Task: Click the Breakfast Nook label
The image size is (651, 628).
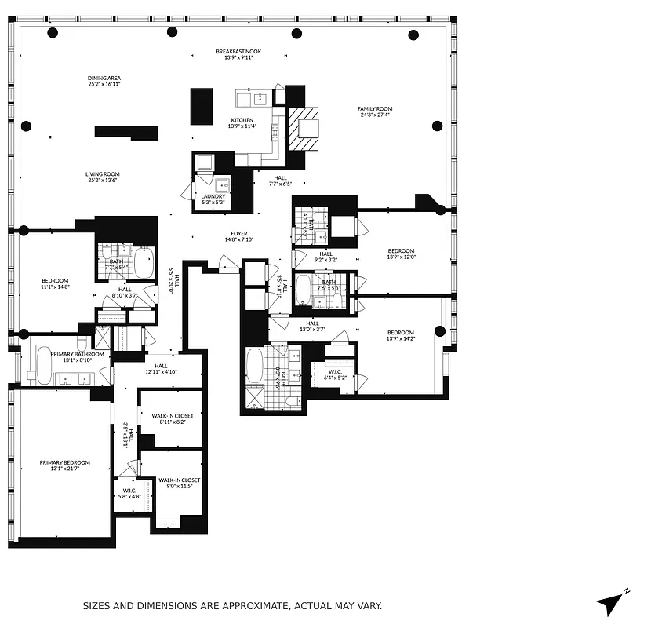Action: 238,52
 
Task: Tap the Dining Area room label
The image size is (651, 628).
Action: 104,78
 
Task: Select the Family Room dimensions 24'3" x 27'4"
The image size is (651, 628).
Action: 375,115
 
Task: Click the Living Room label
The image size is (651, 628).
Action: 103,174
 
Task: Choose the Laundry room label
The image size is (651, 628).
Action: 213,196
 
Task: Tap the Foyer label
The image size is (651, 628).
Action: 238,233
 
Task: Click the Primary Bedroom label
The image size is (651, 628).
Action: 65,462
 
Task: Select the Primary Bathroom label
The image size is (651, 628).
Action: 78,354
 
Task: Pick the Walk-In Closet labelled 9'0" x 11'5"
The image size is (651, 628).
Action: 179,480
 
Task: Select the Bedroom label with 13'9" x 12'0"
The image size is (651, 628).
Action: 400,251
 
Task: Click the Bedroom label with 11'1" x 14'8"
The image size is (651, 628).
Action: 55,281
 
